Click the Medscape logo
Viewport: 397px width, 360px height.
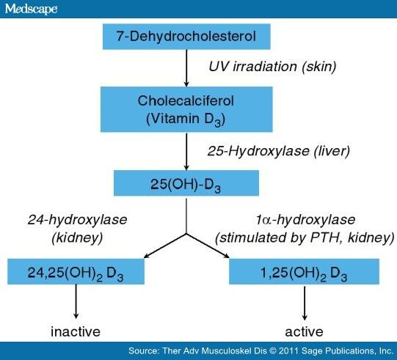pyautogui.click(x=31, y=9)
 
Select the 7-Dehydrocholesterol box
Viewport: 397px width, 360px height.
pyautogui.click(x=186, y=37)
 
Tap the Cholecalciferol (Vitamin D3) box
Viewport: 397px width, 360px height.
pyautogui.click(x=186, y=109)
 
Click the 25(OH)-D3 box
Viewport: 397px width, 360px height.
pyautogui.click(x=186, y=183)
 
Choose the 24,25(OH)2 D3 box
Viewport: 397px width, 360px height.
pyautogui.click(x=76, y=271)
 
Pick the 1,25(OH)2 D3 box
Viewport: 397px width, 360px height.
pyautogui.click(x=304, y=271)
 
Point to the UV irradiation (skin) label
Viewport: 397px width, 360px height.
pyautogui.click(x=272, y=67)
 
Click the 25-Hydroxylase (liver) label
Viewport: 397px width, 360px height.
pyautogui.click(x=279, y=151)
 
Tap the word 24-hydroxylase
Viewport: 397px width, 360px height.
pyautogui.click(x=77, y=220)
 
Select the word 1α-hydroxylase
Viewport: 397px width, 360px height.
pyautogui.click(x=305, y=220)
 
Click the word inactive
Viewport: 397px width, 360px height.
pyautogui.click(x=76, y=331)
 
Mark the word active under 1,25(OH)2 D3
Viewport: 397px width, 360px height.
pyautogui.click(x=304, y=331)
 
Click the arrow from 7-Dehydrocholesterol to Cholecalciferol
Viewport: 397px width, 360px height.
pyautogui.click(x=186, y=68)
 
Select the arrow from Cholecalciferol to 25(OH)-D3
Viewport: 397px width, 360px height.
pyautogui.click(x=186, y=151)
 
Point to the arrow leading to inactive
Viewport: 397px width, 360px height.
pyautogui.click(x=76, y=301)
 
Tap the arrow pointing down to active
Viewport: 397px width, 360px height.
pyautogui.click(x=305, y=303)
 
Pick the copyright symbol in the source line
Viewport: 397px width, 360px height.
pyautogui.click(x=272, y=351)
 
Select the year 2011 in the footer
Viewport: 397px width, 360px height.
pyautogui.click(x=288, y=351)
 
